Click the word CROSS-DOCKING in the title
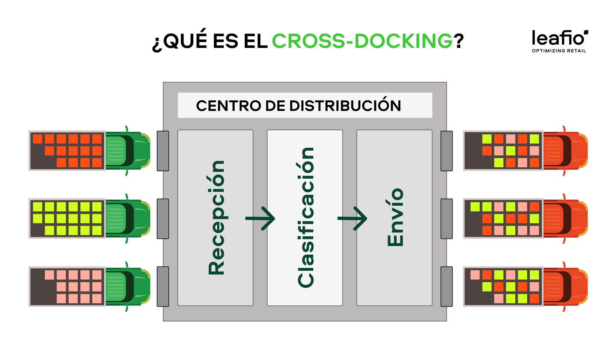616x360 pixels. (362, 41)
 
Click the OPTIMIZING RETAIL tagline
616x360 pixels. (559, 51)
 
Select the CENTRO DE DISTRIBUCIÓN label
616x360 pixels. (298, 105)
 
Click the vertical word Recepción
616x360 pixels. (216, 218)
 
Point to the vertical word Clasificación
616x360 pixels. (306, 218)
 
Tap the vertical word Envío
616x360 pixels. (395, 218)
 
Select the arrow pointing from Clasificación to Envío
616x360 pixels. (352, 218)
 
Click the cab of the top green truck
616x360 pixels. (127, 151)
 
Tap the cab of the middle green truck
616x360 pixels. (127, 218)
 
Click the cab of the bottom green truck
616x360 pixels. (127, 286)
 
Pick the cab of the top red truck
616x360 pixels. (565, 151)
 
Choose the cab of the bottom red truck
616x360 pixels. (565, 286)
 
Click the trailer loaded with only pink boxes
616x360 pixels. (67, 286)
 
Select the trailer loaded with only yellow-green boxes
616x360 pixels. (67, 218)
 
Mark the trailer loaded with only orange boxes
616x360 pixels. (67, 151)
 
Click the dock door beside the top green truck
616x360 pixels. (163, 151)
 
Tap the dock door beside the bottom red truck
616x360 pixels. (447, 286)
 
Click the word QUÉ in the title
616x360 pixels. (185, 41)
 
